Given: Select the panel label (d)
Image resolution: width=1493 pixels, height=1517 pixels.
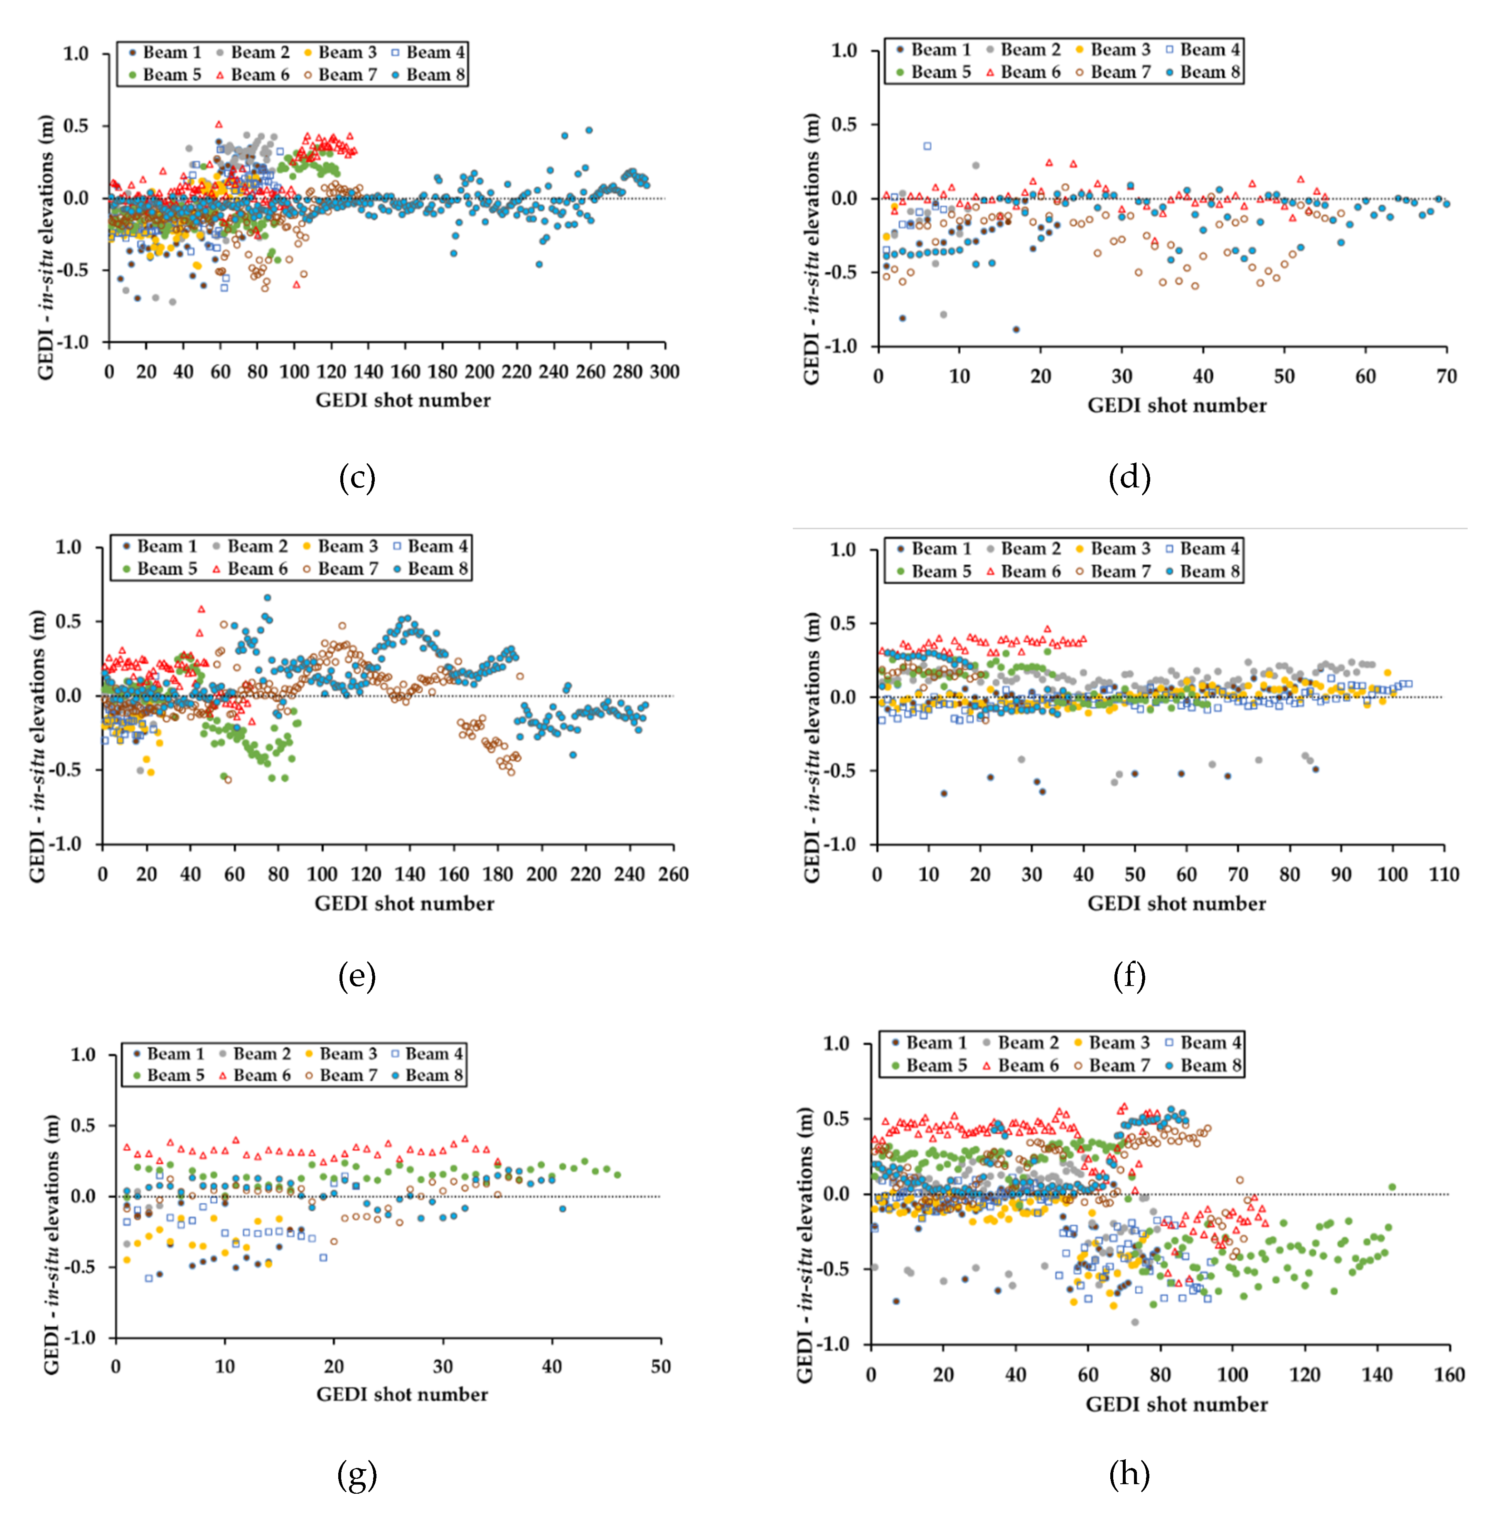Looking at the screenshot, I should point(1129,477).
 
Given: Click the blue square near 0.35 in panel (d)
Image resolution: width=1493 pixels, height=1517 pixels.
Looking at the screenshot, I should point(927,146).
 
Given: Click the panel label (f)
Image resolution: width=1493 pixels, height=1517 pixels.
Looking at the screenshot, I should point(1129,976).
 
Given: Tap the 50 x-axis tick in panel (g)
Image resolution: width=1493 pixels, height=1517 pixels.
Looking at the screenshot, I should point(660,1367).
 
